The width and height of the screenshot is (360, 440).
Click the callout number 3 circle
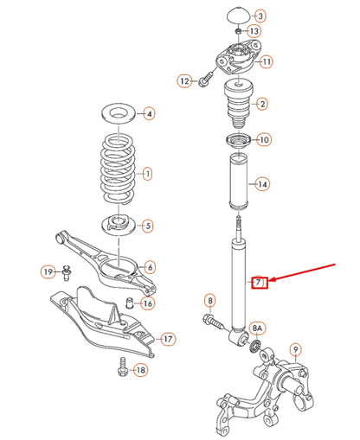coord(262,16)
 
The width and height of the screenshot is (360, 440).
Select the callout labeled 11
coord(266,61)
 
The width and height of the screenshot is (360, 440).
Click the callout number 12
coord(184,80)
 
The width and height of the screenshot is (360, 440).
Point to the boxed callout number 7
coord(258,283)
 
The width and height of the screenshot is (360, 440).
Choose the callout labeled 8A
coord(258,328)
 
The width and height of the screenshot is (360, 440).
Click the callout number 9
coord(295,350)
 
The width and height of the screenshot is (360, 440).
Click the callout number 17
coord(167,338)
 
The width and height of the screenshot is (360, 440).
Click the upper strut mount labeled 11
coord(235,61)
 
